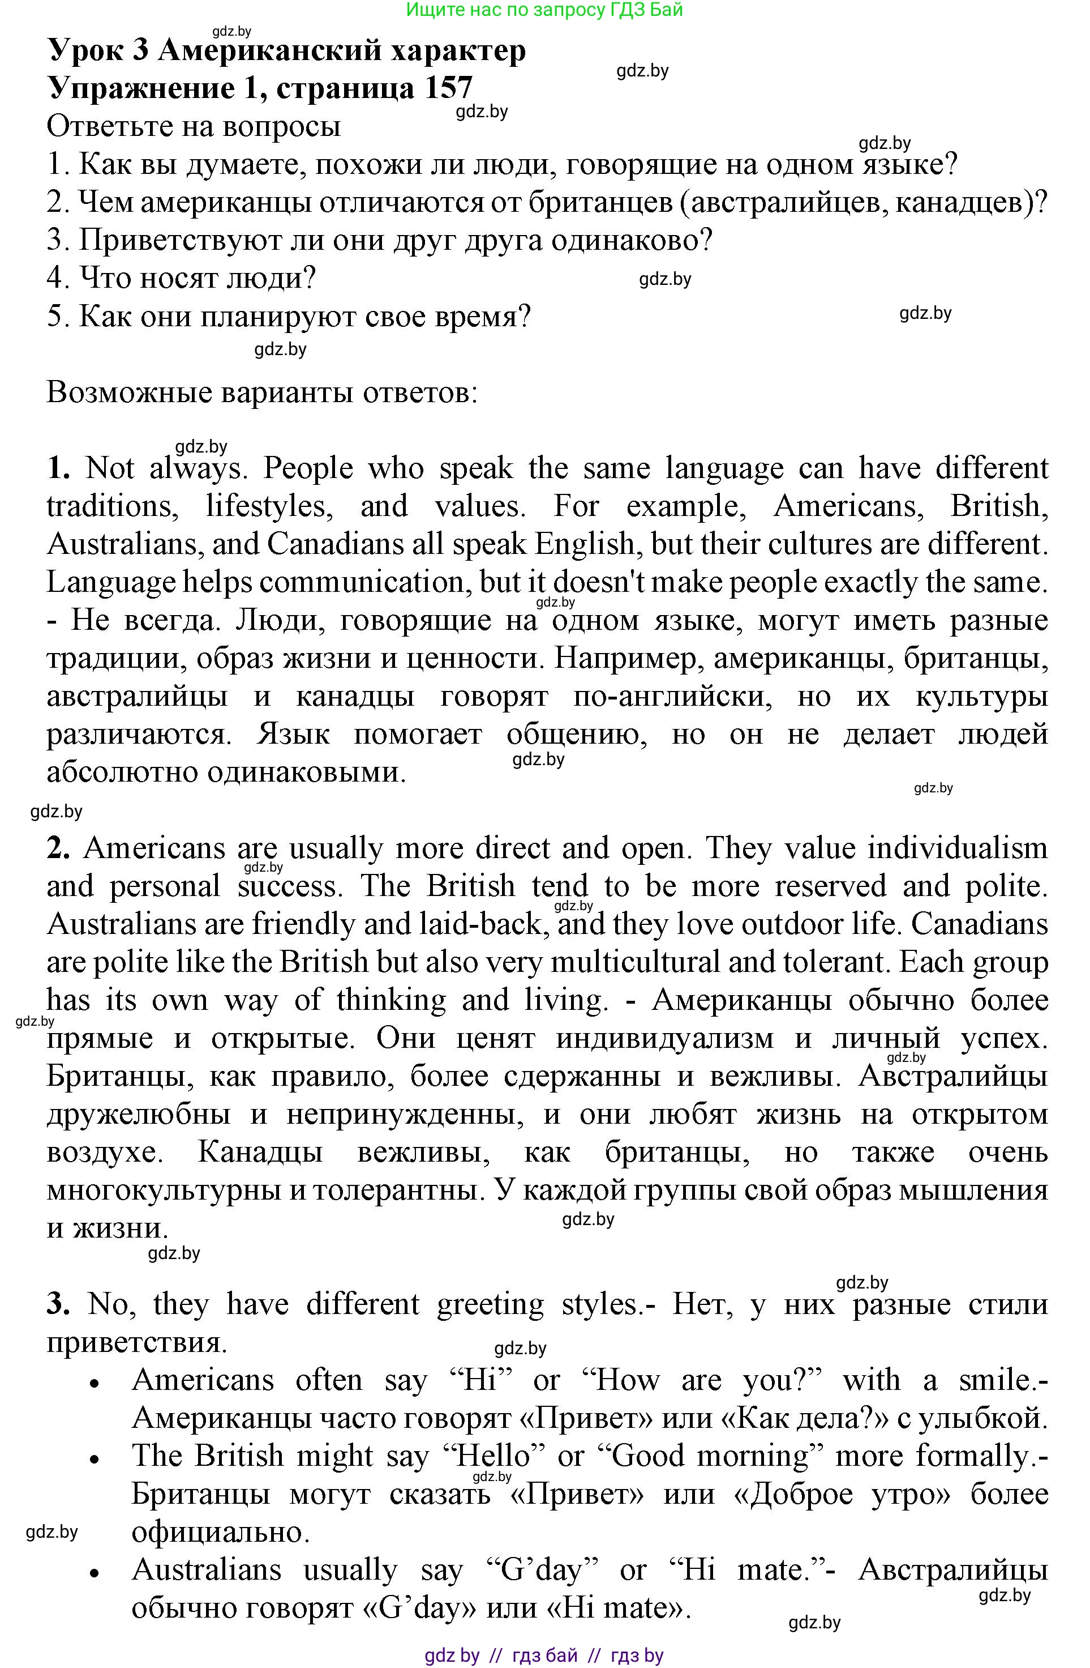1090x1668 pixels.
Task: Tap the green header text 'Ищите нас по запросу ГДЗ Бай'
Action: tap(544, 10)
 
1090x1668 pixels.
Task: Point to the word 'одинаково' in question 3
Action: tap(630, 240)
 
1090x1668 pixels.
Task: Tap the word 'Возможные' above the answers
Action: tap(128, 393)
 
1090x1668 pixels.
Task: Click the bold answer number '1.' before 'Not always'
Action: tap(59, 468)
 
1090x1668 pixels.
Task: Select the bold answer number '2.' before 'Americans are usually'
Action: tap(59, 848)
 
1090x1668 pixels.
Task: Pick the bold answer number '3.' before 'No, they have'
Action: tap(59, 1304)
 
